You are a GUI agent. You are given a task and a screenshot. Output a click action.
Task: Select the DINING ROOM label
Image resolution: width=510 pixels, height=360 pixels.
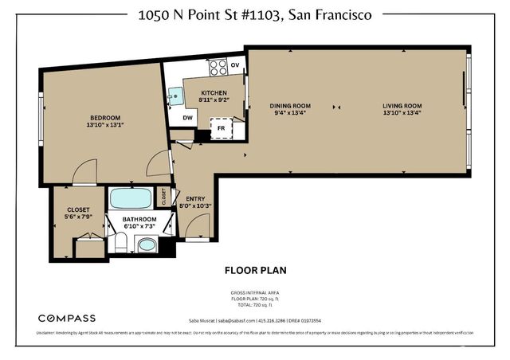290,105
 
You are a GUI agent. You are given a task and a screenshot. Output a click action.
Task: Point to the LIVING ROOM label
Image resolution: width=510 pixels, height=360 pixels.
402,105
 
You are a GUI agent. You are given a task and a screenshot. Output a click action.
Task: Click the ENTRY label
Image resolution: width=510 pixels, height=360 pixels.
195,198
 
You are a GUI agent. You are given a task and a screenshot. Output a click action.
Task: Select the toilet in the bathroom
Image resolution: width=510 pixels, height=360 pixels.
120,243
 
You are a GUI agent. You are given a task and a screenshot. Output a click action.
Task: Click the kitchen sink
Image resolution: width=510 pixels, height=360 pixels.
176,96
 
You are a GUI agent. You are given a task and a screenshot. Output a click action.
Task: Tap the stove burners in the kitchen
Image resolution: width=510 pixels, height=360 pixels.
216,66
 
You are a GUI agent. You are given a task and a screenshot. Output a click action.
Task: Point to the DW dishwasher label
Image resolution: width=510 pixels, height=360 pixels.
187,118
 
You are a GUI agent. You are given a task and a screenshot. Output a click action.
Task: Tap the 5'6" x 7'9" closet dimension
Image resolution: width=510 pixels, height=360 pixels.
78,217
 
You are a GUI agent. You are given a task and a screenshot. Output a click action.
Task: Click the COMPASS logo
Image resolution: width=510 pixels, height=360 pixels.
68,296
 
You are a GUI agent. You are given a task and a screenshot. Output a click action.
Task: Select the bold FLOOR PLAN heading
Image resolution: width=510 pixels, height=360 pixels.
254,270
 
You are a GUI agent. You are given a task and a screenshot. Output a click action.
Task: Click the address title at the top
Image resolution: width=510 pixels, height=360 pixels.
254,14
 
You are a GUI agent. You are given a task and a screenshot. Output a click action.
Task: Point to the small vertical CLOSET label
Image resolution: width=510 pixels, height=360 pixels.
165,196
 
